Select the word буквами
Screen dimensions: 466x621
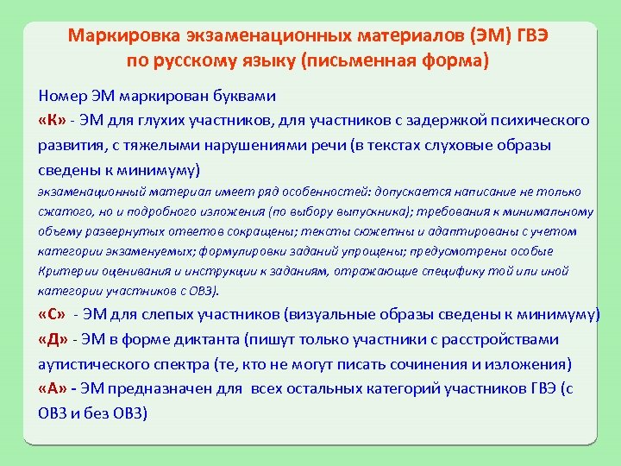pos(246,94)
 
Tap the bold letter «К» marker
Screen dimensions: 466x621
pos(53,119)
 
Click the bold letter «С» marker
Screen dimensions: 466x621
pos(53,314)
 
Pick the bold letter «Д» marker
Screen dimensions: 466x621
pos(53,339)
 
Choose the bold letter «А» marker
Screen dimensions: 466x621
pos(53,389)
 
